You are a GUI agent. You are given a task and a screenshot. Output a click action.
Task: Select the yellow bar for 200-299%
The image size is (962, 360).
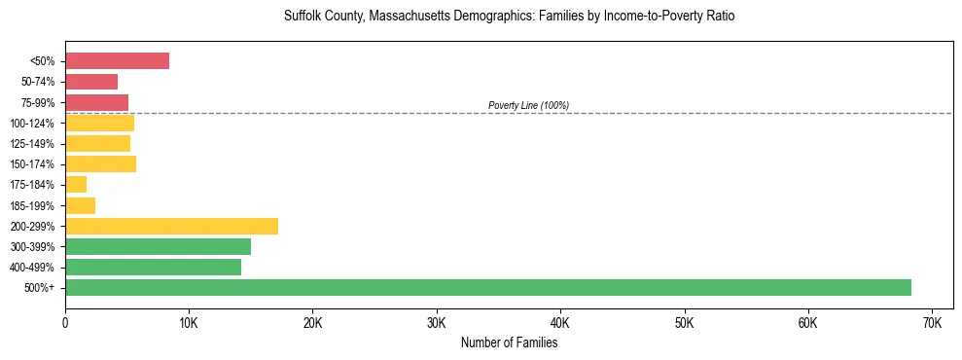(171, 226)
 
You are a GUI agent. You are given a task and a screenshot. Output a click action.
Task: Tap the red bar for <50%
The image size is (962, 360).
(117, 61)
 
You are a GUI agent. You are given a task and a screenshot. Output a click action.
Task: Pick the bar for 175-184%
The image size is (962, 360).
(76, 184)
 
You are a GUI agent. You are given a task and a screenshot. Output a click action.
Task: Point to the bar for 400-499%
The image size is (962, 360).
(153, 267)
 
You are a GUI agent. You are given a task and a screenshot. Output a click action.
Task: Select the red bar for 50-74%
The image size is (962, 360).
(91, 82)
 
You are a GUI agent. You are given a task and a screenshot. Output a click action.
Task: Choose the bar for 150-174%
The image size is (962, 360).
(100, 163)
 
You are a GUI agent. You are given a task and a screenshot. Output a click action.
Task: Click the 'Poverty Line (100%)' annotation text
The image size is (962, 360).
(528, 105)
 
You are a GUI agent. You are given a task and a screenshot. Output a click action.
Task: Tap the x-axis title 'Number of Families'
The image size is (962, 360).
(509, 342)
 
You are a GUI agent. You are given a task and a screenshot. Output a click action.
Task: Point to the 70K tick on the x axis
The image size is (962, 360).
(932, 322)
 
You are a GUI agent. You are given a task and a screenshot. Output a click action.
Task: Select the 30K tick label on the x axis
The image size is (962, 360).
(437, 322)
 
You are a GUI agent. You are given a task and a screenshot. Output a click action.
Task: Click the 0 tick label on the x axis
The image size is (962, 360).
(65, 322)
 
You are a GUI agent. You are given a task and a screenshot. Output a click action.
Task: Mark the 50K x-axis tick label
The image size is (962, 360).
(684, 322)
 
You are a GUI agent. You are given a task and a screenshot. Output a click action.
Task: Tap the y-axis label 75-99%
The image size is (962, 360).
(38, 102)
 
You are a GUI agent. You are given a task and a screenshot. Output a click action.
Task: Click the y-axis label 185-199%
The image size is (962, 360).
(33, 205)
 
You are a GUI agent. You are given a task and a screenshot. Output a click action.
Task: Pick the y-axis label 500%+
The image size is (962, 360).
(40, 287)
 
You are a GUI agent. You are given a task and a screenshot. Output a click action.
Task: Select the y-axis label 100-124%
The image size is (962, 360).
(33, 123)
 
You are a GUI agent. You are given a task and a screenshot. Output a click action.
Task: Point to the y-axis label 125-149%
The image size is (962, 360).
(33, 143)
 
